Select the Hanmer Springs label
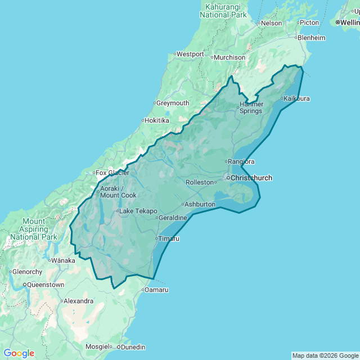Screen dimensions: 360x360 251,107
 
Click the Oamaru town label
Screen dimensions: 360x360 156,290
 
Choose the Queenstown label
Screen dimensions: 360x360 46,285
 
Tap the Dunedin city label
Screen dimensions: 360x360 133,347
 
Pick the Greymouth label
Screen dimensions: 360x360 173,103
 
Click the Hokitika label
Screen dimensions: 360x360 157,120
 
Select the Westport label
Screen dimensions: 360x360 190,54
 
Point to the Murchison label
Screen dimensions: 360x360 229,57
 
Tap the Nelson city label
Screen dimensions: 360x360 271,23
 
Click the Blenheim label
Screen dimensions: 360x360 312,38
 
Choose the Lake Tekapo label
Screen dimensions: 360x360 138,211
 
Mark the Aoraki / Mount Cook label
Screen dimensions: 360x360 118,192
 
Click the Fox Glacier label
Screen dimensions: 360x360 112,173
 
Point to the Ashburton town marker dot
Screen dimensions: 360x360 182,204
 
